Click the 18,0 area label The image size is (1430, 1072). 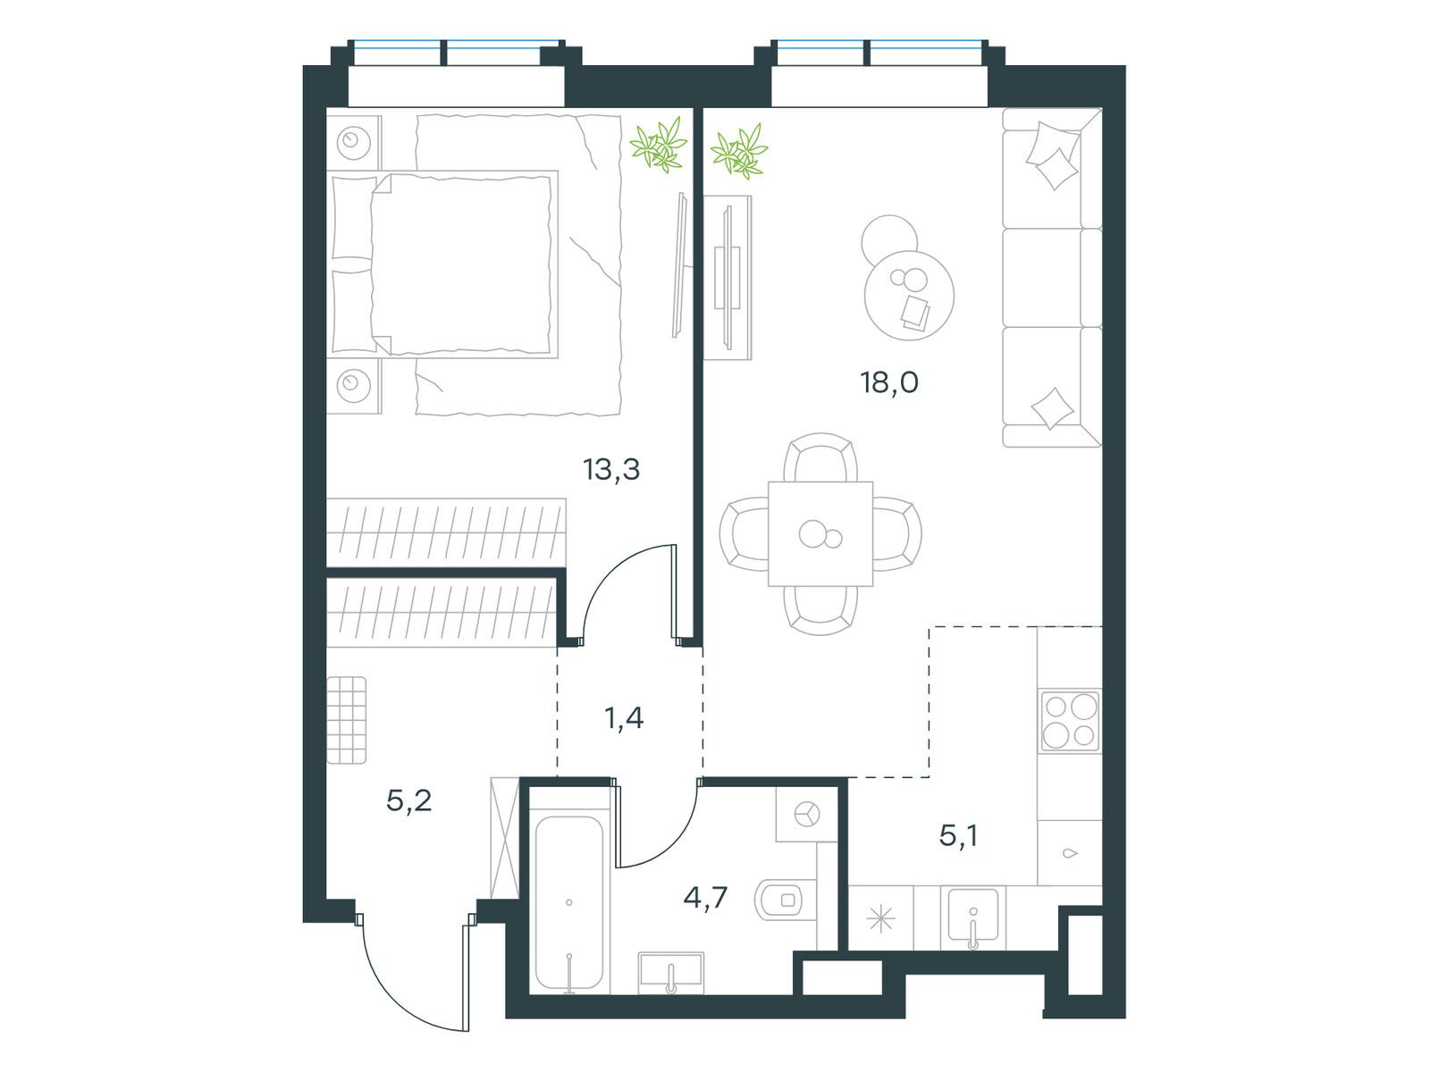coord(889,382)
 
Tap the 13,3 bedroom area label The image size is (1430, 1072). coord(611,469)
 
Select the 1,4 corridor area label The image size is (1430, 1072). coord(624,718)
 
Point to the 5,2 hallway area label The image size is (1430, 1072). coord(408,800)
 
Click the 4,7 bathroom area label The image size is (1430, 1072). coord(705,898)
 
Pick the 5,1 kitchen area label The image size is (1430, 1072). coord(958,836)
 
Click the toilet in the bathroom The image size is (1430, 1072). coord(785,900)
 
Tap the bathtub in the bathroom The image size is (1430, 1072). coord(568,902)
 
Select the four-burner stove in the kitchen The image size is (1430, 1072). coord(1071,721)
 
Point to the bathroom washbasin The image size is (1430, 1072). coord(671,973)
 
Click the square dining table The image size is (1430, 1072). coord(820,533)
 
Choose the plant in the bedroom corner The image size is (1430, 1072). coord(659,145)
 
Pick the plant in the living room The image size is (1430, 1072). coord(739,151)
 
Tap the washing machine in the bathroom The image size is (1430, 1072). coord(806,814)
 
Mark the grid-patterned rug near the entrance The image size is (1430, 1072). coord(346,720)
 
